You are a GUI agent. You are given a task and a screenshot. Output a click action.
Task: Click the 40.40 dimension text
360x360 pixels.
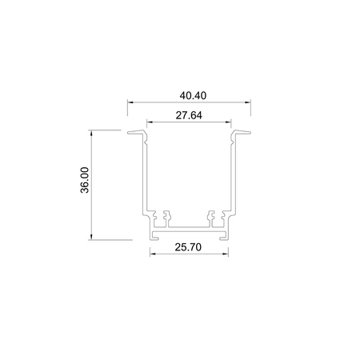click(190, 95)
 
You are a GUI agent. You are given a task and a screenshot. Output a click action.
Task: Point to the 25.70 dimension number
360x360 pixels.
click(189, 248)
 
